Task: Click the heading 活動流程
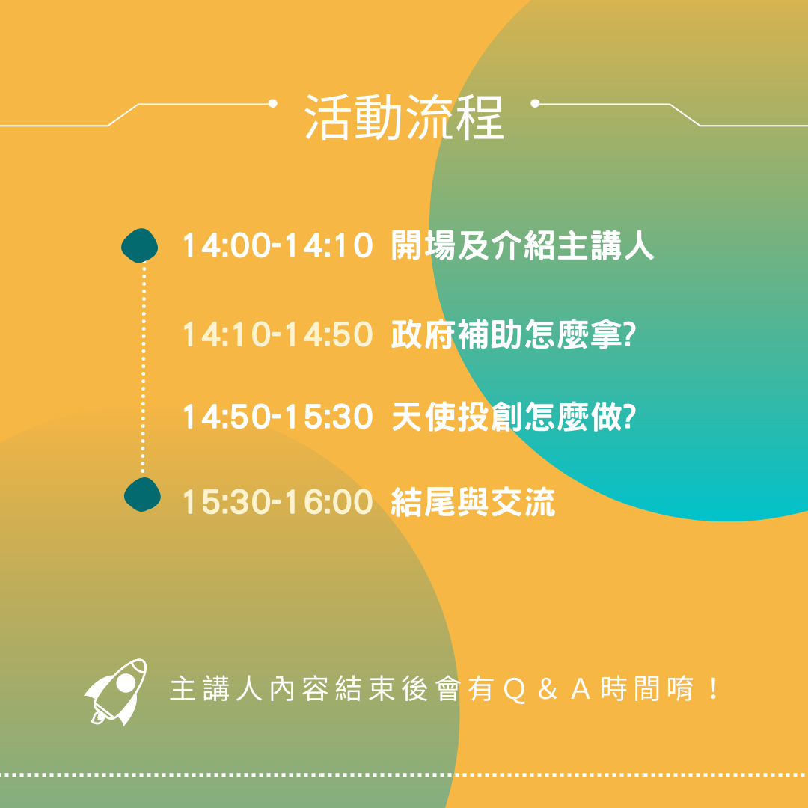[404, 117]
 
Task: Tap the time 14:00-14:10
[278, 245]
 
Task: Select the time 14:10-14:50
[278, 334]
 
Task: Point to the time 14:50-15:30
[278, 417]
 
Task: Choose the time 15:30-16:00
[278, 502]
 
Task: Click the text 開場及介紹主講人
[522, 245]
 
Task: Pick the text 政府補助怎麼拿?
[513, 334]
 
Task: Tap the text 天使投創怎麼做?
[513, 417]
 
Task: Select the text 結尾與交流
[473, 502]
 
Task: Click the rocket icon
[116, 692]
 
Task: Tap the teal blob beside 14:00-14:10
[140, 246]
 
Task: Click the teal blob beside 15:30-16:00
[142, 495]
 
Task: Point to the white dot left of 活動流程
[273, 103]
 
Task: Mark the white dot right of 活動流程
[535, 103]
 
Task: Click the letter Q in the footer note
[514, 691]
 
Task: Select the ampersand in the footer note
[547, 690]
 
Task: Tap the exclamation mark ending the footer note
[714, 690]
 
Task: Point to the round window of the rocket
[125, 683]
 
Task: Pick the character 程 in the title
[480, 117]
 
